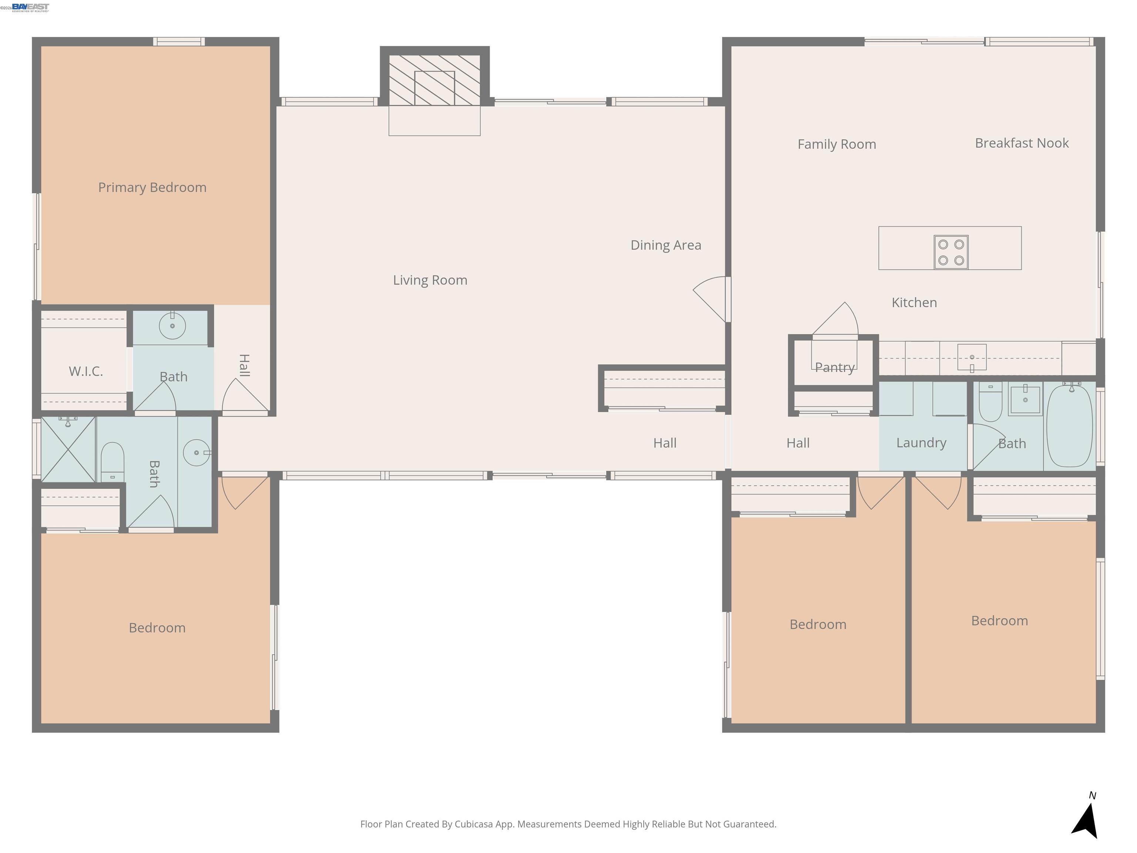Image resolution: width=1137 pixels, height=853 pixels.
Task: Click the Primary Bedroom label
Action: pyautogui.click(x=152, y=188)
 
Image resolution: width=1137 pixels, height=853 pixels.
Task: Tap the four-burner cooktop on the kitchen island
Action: pyautogui.click(x=951, y=252)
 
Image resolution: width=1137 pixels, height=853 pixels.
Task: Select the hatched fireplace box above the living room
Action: pyautogui.click(x=435, y=80)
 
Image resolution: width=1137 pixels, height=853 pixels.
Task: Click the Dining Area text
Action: pyautogui.click(x=665, y=245)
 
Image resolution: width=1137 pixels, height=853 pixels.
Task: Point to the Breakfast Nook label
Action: pyautogui.click(x=1022, y=143)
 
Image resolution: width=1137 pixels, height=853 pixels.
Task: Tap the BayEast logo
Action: pyautogui.click(x=30, y=7)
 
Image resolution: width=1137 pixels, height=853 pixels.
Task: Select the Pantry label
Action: pyautogui.click(x=834, y=368)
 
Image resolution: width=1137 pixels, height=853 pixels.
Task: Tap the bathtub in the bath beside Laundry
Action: pyautogui.click(x=1069, y=426)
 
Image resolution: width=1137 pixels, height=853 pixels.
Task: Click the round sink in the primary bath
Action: pyautogui.click(x=172, y=326)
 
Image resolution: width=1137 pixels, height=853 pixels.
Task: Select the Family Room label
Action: pyautogui.click(x=836, y=144)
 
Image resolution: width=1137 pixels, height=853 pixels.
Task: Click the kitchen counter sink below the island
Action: pyautogui.click(x=972, y=357)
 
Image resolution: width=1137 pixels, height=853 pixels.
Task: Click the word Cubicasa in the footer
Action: pyautogui.click(x=473, y=824)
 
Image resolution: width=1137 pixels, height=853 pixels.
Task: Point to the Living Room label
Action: pyautogui.click(x=430, y=280)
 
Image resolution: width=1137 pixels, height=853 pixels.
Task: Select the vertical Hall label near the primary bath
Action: pyautogui.click(x=245, y=365)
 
